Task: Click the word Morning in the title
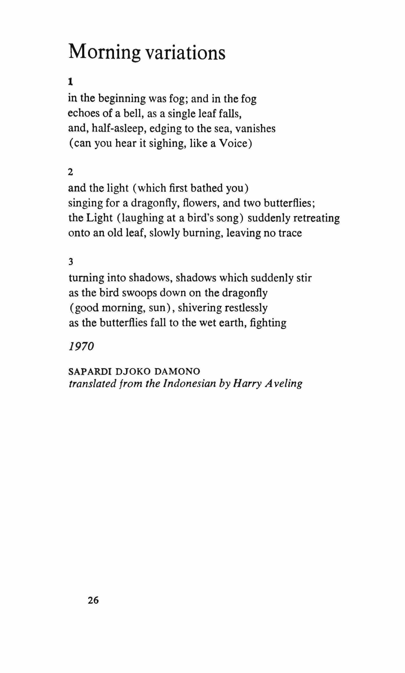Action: click(104, 53)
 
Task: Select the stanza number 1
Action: click(71, 81)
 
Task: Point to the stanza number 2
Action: click(71, 172)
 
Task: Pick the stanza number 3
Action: click(71, 262)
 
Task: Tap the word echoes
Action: click(84, 114)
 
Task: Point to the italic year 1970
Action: click(81, 347)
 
